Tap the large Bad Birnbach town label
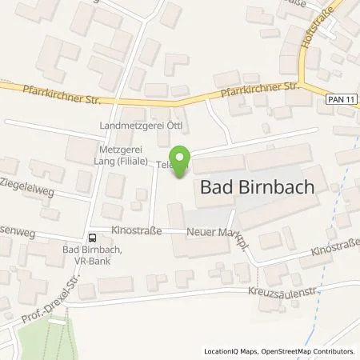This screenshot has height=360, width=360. [254, 189]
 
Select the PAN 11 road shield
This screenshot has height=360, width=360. [339, 97]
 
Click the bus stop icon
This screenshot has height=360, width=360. [93, 237]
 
